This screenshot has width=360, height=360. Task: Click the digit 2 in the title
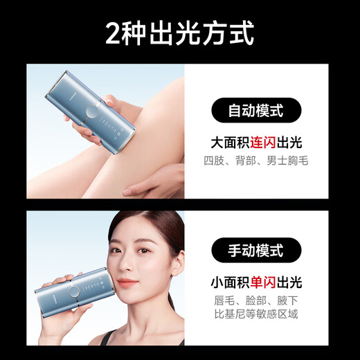pyautogui.click(x=114, y=33)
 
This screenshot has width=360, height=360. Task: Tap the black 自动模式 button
pyautogui.click(x=256, y=110)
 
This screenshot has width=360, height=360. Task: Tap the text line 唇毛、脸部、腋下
pyautogui.click(x=256, y=301)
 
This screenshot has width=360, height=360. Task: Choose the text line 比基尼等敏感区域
pyautogui.click(x=256, y=318)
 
